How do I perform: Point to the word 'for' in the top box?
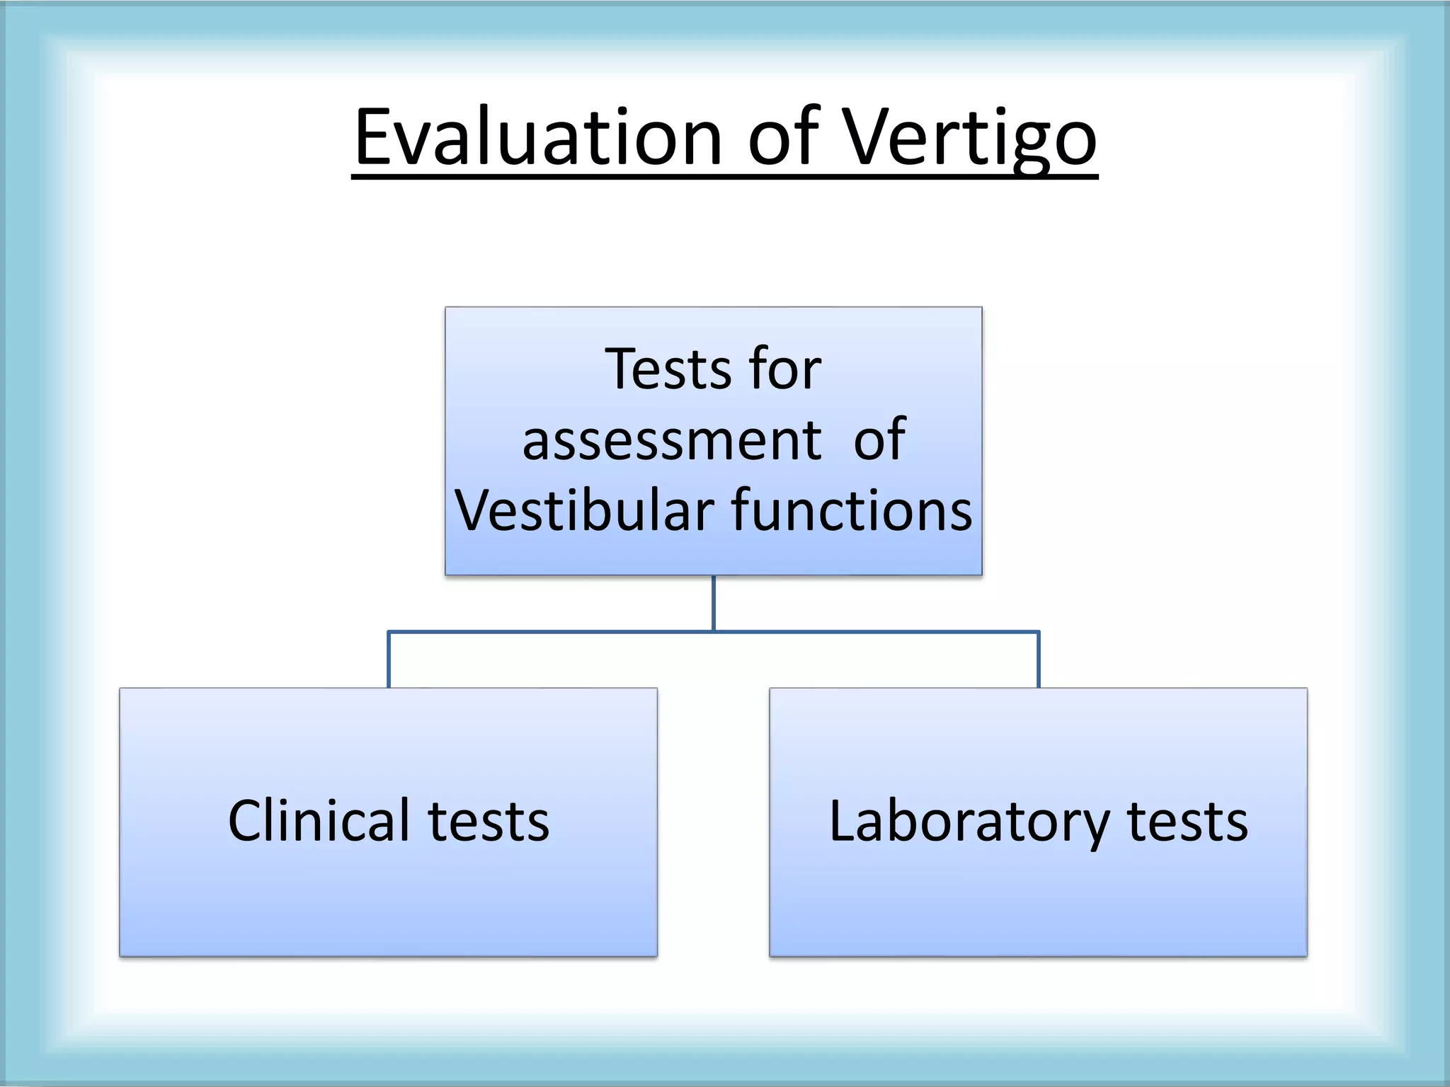click(785, 369)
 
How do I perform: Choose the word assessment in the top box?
click(672, 440)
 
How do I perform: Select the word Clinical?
click(319, 821)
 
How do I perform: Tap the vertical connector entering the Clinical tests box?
click(389, 660)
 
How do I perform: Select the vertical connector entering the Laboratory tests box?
click(1039, 660)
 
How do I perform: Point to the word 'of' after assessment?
click(879, 440)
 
